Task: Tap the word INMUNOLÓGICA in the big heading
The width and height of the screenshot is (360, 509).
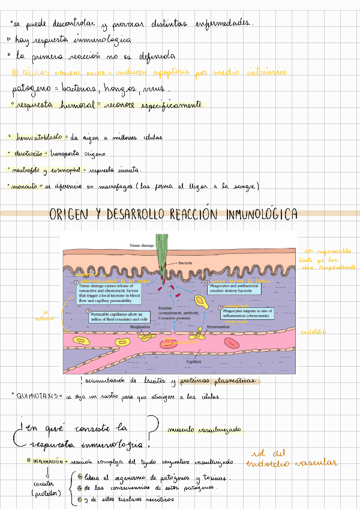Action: pyautogui.click(x=262, y=215)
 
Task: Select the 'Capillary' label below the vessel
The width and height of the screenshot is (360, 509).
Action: pyautogui.click(x=193, y=363)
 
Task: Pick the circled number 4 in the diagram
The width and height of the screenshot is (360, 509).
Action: pyautogui.click(x=207, y=282)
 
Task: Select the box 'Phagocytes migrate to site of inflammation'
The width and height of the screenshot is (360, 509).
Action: pyautogui.click(x=243, y=314)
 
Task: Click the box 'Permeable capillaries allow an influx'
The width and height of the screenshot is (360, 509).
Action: pyautogui.click(x=119, y=317)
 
